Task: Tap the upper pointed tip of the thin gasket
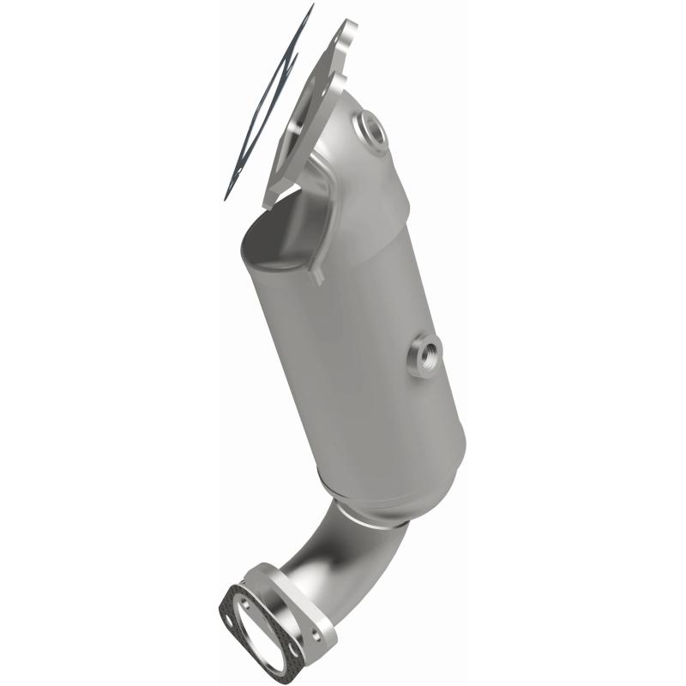pyautogui.click(x=310, y=7)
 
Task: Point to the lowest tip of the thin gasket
pyautogui.click(x=227, y=198)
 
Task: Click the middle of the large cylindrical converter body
pyautogui.click(x=360, y=343)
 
